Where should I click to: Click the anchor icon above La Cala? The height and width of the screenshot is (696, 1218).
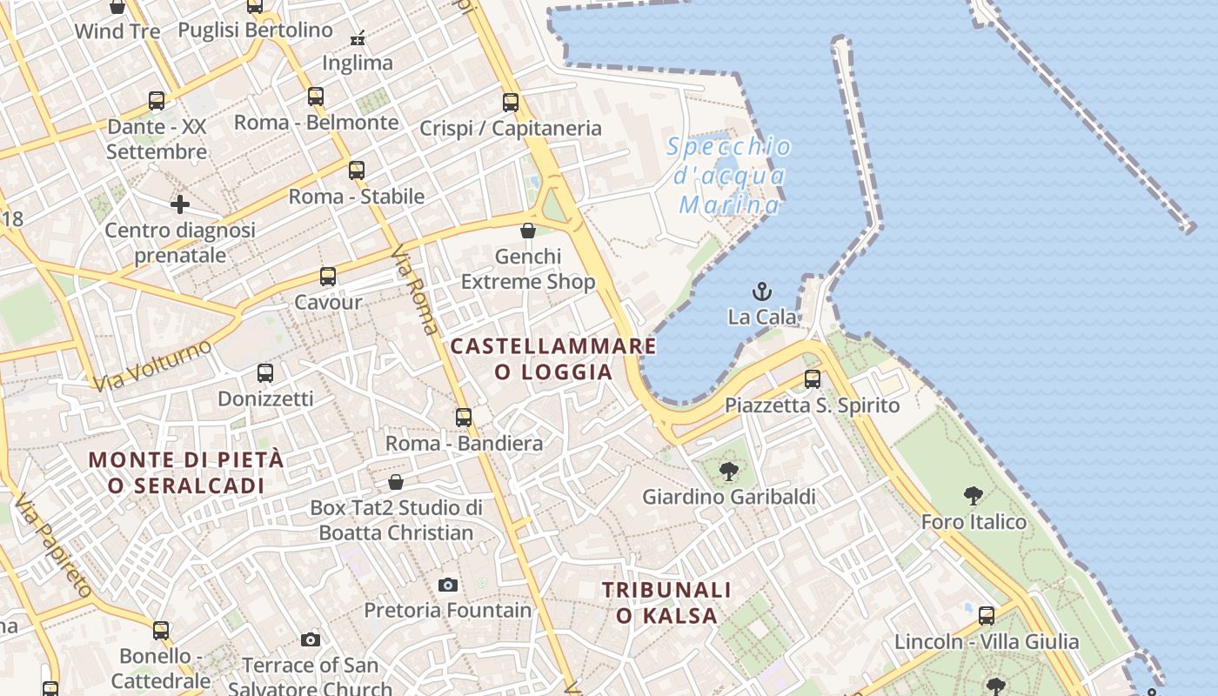pos(762,291)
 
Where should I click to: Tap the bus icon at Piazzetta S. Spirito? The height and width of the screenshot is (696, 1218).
pos(813,379)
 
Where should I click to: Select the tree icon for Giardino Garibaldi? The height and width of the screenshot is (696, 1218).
pos(729,472)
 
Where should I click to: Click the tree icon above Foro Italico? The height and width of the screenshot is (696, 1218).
pos(974,496)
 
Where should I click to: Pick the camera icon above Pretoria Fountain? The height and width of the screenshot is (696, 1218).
pos(448,585)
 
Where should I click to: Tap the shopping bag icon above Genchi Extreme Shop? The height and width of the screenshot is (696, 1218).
pos(528,231)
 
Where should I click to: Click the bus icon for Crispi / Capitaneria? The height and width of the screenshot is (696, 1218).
pos(511,103)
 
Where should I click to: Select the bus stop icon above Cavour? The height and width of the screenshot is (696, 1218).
pos(328,277)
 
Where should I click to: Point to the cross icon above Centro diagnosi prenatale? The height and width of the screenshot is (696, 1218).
pos(180,204)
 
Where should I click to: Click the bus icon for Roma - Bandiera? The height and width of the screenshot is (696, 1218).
pos(464,418)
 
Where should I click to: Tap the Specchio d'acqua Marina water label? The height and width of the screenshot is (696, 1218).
pos(730,176)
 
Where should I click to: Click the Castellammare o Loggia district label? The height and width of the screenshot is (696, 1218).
pos(553,358)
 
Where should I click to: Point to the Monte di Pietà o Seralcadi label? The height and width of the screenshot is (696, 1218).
pos(186,472)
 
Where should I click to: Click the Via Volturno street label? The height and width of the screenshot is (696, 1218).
pos(152,365)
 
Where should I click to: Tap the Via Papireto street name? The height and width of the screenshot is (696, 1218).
pos(54,546)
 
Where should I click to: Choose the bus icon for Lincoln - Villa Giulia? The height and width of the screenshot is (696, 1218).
pos(987,616)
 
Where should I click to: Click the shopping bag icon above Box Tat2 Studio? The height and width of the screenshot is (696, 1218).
pos(396,482)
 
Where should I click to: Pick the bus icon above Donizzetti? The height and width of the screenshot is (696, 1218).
pos(265,373)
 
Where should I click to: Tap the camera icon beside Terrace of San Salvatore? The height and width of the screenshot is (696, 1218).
pos(311,640)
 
